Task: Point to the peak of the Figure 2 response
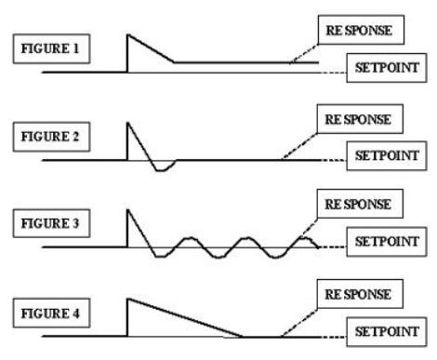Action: [x=128, y=123]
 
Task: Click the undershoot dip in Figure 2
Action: [x=160, y=170]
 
